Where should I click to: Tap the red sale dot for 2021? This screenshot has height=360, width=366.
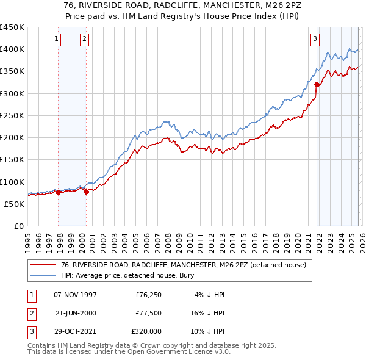317,85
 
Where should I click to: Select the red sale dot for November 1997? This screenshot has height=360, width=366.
59,192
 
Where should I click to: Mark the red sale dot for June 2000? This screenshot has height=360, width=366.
86,192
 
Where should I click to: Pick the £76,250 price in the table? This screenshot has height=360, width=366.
148,295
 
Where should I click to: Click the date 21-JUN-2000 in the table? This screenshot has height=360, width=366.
75,313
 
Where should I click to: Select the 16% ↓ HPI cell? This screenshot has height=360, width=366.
207,313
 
